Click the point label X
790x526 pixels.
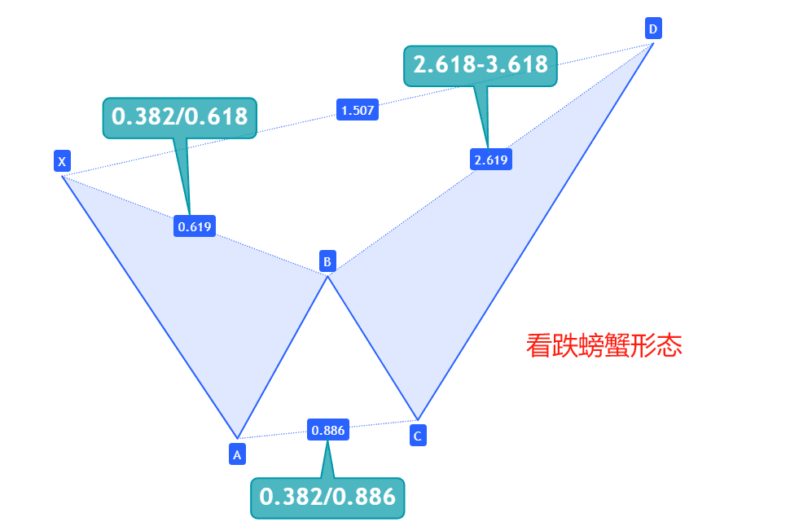click(62, 161)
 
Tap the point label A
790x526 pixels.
click(237, 454)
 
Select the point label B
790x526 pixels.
click(327, 261)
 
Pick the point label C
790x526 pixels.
click(417, 436)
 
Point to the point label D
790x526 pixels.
click(652, 29)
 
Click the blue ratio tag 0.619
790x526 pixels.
click(195, 226)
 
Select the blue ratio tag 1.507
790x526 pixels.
click(358, 110)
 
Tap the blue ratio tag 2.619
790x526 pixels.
click(491, 160)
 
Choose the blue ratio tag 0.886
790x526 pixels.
click(328, 429)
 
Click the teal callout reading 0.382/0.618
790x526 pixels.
click(180, 117)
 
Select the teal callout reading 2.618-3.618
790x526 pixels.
click(481, 65)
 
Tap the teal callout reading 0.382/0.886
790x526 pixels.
click(327, 496)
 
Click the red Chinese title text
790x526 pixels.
click(603, 346)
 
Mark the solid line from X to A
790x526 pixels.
click(149, 306)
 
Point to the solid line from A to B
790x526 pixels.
click(283, 357)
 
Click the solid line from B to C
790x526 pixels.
click(372, 348)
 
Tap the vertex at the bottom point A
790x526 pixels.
click(237, 438)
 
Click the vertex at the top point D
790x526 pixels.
click(653, 43)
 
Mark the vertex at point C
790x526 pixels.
click(417, 420)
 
